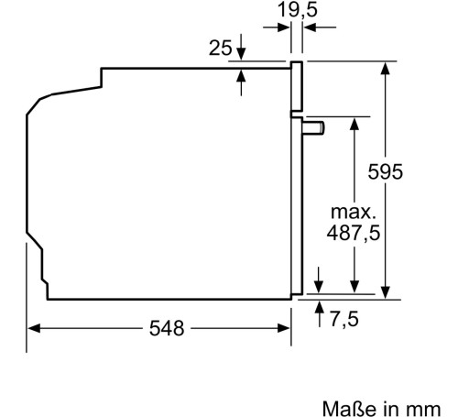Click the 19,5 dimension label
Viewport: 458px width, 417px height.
(x=298, y=10)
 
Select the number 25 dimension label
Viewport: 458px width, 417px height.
(x=221, y=48)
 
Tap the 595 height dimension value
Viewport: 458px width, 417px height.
(x=386, y=171)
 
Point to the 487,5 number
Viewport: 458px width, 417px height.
(x=354, y=233)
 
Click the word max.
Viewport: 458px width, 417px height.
(x=353, y=212)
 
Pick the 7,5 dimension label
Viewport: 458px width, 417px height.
(x=344, y=320)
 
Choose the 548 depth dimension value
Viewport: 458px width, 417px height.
(x=167, y=328)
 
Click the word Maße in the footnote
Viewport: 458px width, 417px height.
(x=349, y=409)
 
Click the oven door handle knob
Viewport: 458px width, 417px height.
(x=313, y=127)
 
